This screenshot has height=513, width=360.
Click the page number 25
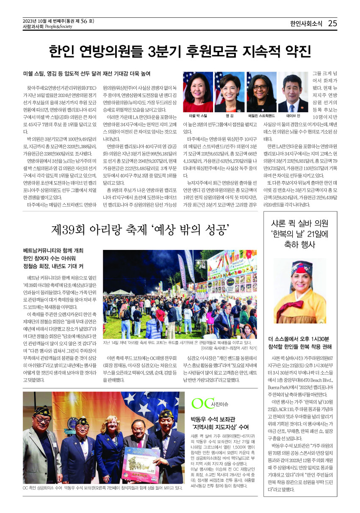[x=332, y=23]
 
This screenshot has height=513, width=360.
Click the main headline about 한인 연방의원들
[x=180, y=51]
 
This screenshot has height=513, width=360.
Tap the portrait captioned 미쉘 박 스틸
[x=198, y=92]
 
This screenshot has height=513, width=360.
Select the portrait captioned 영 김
[x=230, y=92]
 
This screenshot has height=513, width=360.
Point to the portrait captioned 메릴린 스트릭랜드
[x=261, y=92]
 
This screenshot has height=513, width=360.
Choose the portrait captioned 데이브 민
[x=293, y=92]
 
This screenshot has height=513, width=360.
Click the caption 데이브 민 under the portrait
[x=293, y=116]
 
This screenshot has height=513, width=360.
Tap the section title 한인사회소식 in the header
[x=305, y=23]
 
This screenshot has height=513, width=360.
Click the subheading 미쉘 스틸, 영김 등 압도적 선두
[x=87, y=74]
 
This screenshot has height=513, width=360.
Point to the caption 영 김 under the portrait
[x=230, y=116]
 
